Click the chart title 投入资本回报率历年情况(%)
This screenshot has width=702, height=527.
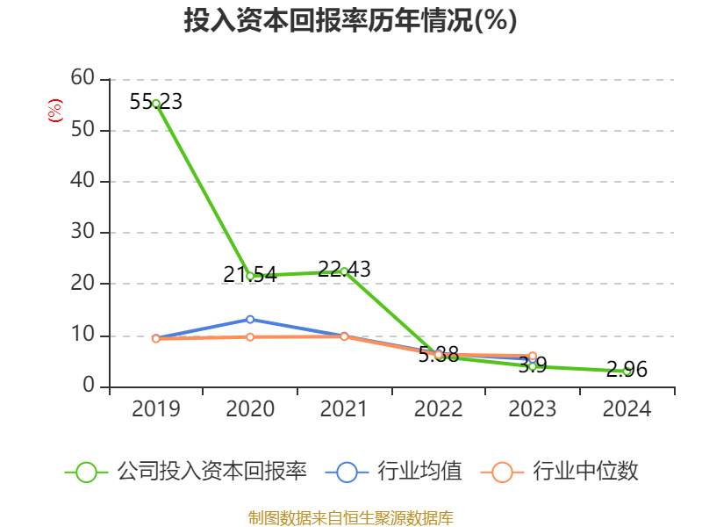pyautogui.click(x=350, y=21)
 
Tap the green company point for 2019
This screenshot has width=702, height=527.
pyautogui.click(x=156, y=104)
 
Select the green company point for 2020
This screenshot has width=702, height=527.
pyautogui.click(x=250, y=276)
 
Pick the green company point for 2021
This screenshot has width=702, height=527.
pyautogui.click(x=344, y=271)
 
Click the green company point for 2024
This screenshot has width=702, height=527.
pyautogui.click(x=627, y=372)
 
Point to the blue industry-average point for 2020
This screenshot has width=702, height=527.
pyautogui.click(x=250, y=319)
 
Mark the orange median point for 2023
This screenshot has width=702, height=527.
pyautogui.click(x=533, y=356)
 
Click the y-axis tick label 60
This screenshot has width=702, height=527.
pyautogui.click(x=82, y=78)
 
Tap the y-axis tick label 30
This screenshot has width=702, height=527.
pyautogui.click(x=82, y=233)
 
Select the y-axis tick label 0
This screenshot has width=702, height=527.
pyautogui.click(x=90, y=386)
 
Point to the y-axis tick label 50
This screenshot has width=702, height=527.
pyautogui.click(x=82, y=130)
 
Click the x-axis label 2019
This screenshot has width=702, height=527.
pyautogui.click(x=156, y=409)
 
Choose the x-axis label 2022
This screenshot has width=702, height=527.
pyautogui.click(x=438, y=409)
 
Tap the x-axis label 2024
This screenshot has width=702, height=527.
pyautogui.click(x=627, y=409)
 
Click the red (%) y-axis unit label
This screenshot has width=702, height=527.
pyautogui.click(x=55, y=112)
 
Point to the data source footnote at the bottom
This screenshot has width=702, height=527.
pyautogui.click(x=350, y=517)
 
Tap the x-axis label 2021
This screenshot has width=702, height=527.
pyautogui.click(x=344, y=409)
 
